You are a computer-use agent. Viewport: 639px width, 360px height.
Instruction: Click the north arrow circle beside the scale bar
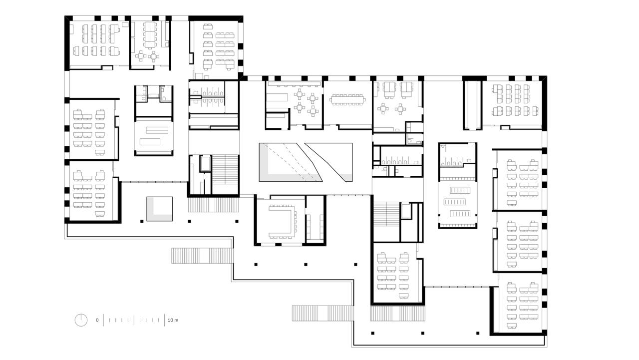(x=81, y=320)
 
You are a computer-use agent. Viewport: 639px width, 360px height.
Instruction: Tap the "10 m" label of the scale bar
(x=173, y=320)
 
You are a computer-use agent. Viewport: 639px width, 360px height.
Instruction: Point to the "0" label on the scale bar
(x=97, y=320)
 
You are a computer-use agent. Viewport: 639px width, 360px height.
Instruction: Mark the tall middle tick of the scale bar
(x=134, y=320)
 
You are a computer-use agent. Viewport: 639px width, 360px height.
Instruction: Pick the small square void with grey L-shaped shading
(x=159, y=209)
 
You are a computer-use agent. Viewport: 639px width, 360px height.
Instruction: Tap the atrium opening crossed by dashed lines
(x=285, y=162)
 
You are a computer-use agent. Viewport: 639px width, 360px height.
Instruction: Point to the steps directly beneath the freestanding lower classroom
(x=398, y=314)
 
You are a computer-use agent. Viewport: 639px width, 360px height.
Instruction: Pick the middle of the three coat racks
(x=457, y=202)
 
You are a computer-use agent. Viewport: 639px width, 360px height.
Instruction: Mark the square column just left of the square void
(x=142, y=220)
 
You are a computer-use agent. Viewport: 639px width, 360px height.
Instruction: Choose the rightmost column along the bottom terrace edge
(x=477, y=333)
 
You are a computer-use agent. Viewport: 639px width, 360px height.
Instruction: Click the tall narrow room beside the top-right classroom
(x=472, y=103)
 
